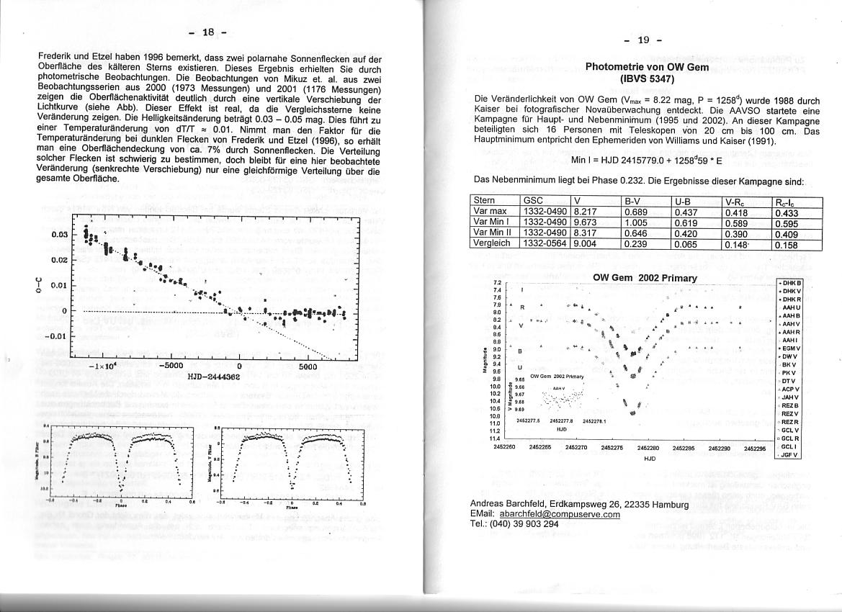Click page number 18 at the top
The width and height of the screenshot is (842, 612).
click(x=208, y=32)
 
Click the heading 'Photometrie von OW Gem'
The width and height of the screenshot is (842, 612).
click(x=647, y=67)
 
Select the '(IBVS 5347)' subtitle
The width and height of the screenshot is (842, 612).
click(x=647, y=78)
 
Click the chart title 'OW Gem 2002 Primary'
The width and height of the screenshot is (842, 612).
click(x=645, y=278)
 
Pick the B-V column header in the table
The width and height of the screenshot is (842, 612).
click(x=634, y=201)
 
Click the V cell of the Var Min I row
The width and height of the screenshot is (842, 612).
click(x=584, y=222)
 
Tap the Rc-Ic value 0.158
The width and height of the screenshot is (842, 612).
click(x=787, y=243)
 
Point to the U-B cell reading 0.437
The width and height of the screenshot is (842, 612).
click(x=685, y=212)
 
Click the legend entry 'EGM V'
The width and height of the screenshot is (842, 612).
click(x=791, y=348)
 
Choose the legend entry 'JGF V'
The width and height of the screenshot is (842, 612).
click(x=791, y=454)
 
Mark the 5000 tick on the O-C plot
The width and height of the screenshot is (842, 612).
click(x=308, y=366)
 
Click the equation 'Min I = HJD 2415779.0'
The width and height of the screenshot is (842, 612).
click(x=625, y=159)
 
